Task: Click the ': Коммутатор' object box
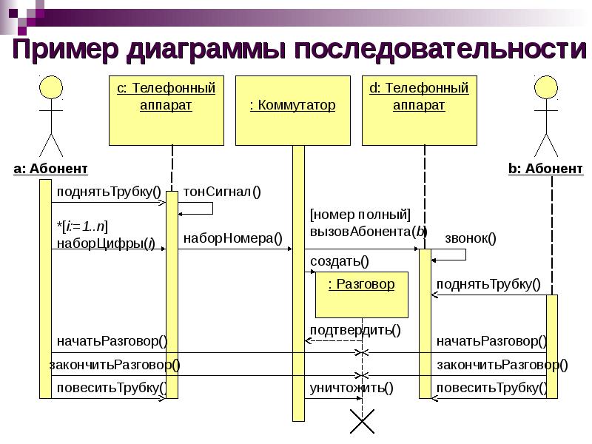pyautogui.click(x=292, y=110)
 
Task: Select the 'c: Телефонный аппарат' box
pyautogui.click(x=166, y=110)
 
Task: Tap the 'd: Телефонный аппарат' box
pyautogui.click(x=419, y=110)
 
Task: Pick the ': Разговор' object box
pyautogui.click(x=362, y=295)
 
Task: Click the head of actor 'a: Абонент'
pyautogui.click(x=51, y=87)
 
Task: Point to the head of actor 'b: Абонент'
pyautogui.click(x=546, y=87)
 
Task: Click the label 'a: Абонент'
pyautogui.click(x=50, y=169)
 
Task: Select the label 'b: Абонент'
pyautogui.click(x=545, y=169)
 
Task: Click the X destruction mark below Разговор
pyautogui.click(x=362, y=421)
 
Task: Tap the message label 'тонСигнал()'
pyautogui.click(x=222, y=192)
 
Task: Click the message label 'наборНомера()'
pyautogui.click(x=233, y=238)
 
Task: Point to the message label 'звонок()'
pyautogui.click(x=471, y=238)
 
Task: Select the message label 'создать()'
pyautogui.click(x=340, y=261)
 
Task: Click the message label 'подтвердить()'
pyautogui.click(x=355, y=330)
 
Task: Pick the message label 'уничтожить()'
pyautogui.click(x=351, y=388)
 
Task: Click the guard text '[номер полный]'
pyautogui.click(x=360, y=215)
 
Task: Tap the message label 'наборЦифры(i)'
pyautogui.click(x=106, y=243)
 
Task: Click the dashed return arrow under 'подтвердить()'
pyautogui.click(x=334, y=341)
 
